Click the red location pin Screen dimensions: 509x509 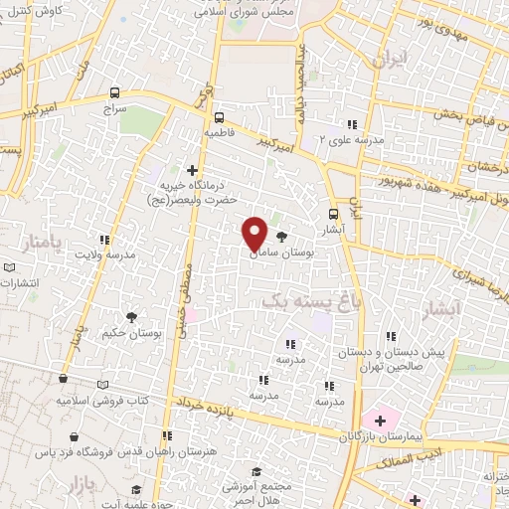[254, 232]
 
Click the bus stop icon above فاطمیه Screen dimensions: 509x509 [219, 115]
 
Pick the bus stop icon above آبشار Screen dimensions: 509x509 [334, 213]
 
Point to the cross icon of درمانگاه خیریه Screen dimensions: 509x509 [193, 170]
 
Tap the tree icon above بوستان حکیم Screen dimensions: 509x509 [117, 316]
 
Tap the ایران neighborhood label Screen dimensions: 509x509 [389, 60]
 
